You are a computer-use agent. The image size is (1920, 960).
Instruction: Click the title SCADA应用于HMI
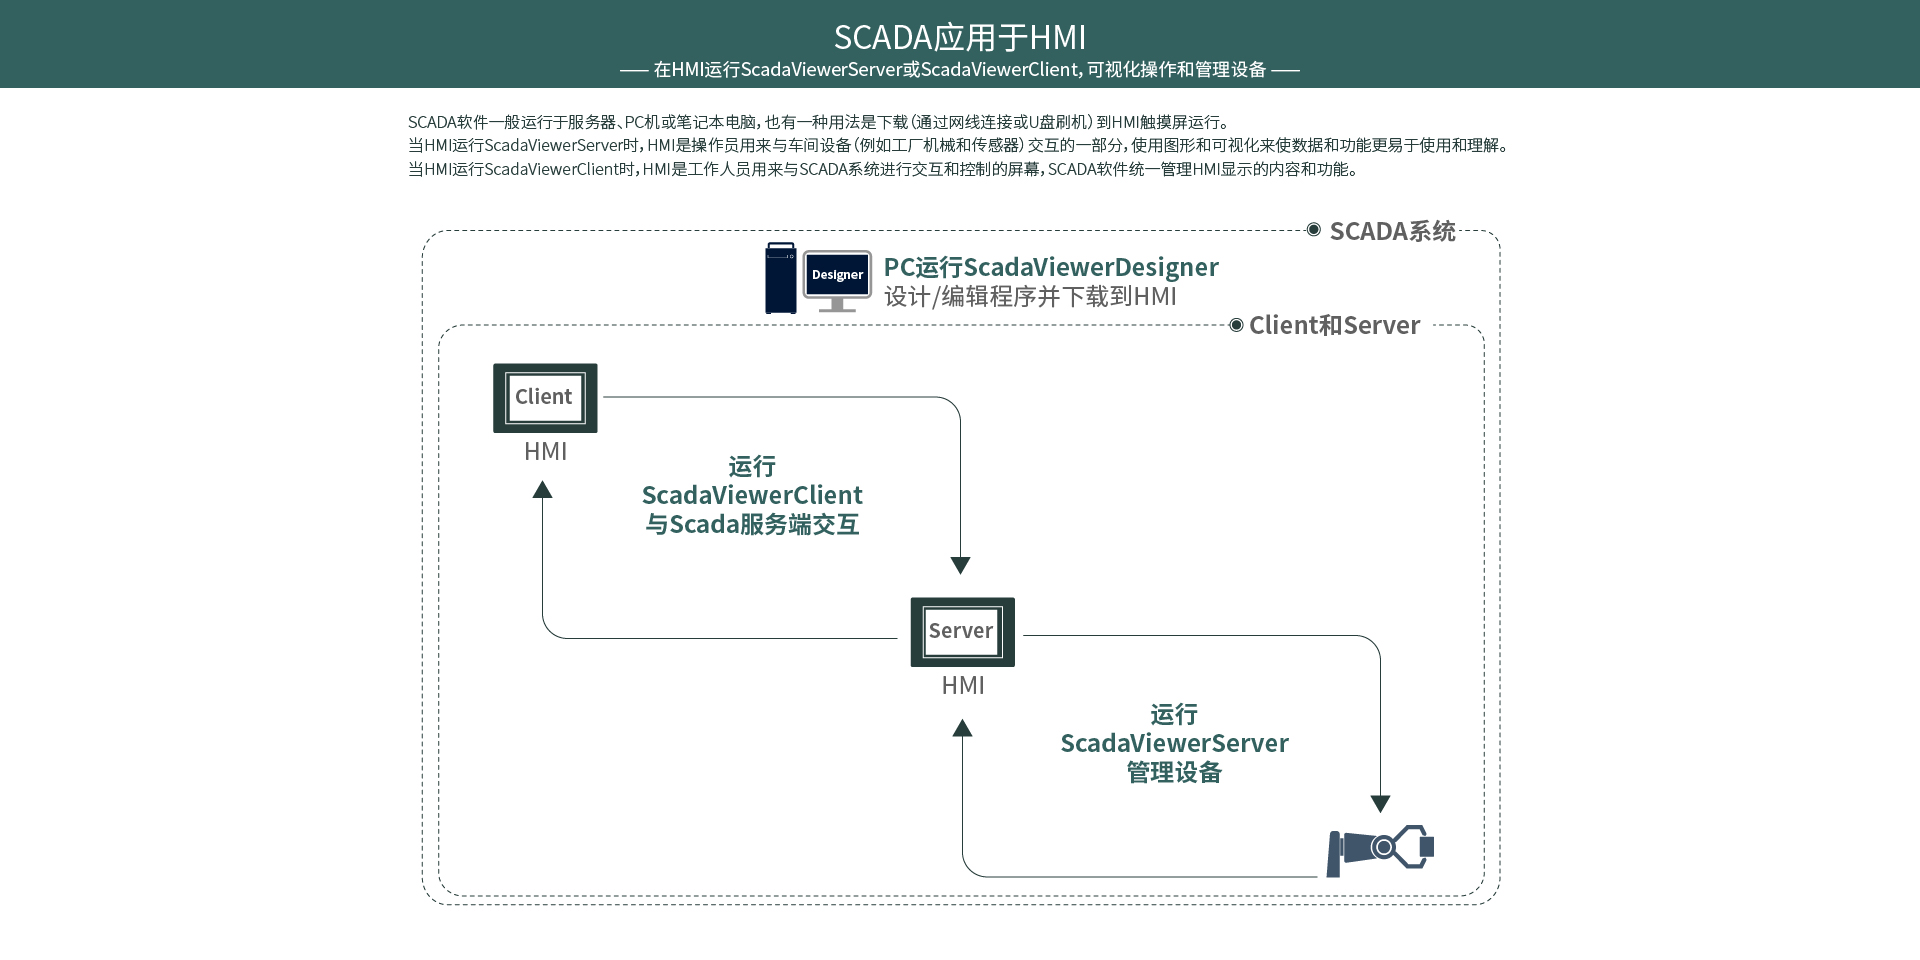click(959, 37)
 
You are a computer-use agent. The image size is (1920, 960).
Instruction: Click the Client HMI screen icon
click(545, 398)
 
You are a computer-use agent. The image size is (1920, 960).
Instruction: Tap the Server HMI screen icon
click(962, 632)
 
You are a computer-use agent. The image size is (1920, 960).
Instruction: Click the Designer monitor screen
click(837, 275)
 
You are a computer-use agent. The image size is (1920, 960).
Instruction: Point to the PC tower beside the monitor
click(781, 278)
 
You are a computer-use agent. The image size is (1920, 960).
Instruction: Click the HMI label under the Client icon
click(545, 452)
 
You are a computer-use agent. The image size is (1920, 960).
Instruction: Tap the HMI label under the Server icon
click(963, 686)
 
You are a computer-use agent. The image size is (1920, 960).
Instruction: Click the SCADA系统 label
click(1392, 231)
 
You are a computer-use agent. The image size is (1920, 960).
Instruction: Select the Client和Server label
click(1334, 325)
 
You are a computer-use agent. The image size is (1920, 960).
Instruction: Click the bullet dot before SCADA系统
click(1314, 230)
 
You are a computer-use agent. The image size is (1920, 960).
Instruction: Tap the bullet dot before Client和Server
click(1236, 325)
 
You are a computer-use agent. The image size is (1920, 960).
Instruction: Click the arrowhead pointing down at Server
click(960, 565)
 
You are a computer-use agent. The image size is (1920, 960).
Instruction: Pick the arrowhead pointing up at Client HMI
click(542, 489)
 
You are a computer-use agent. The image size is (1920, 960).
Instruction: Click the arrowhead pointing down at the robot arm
click(1380, 803)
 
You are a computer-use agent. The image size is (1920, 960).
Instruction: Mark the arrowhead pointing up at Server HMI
click(962, 728)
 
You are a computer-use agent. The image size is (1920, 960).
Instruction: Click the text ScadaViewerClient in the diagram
click(752, 495)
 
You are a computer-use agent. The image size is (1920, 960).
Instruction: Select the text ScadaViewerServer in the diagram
click(1174, 743)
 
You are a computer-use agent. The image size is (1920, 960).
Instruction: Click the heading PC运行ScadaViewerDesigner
click(1051, 267)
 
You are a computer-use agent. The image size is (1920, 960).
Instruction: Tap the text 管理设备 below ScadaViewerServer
click(1174, 772)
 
